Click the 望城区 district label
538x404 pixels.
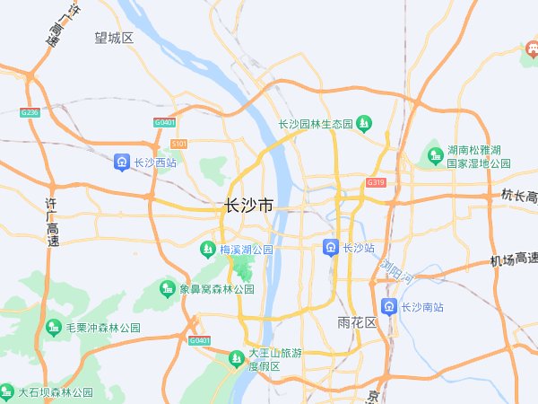[114, 38]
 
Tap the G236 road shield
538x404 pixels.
[30, 112]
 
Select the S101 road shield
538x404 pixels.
[178, 144]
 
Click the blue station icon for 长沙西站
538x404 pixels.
[121, 162]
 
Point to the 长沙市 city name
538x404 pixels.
[248, 206]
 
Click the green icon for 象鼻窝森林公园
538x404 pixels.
[166, 288]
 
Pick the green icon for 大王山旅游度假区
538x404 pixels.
[236, 358]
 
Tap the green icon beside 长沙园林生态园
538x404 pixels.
[364, 123]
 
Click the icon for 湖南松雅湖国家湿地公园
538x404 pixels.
[434, 157]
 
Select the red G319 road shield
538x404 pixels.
[376, 182]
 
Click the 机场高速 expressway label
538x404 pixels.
[513, 259]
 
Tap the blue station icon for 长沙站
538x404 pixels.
[330, 247]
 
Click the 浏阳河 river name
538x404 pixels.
[395, 270]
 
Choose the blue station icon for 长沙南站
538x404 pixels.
[388, 306]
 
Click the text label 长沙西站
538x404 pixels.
[154, 163]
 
